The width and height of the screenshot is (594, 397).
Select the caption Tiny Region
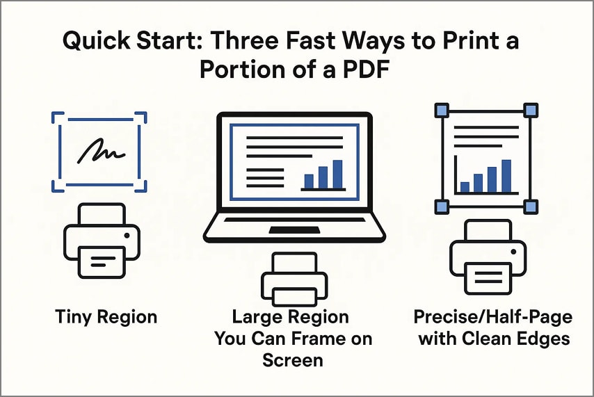pos(106,317)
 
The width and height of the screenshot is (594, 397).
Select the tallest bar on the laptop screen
pos(337,175)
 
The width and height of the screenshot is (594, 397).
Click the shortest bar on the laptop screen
pos(309,181)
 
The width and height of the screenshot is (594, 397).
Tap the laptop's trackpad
pos(294,230)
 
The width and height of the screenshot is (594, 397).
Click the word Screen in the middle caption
pos(293,360)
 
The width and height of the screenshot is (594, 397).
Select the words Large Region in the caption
pos(290,318)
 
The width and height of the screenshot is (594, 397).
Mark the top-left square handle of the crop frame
pos(440,110)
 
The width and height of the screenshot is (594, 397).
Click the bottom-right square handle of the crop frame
pos(530,206)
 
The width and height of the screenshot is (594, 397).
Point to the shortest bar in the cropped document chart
pos(465,186)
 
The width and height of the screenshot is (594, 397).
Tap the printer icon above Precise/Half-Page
pos(484,257)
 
